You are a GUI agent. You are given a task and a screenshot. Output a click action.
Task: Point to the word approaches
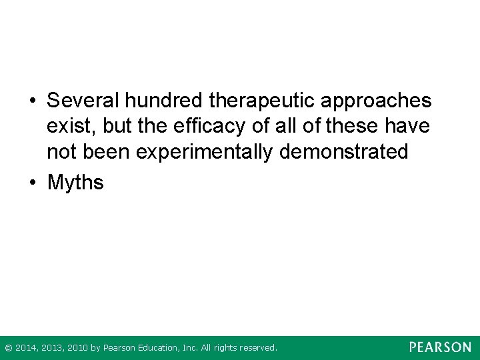[x=376, y=102]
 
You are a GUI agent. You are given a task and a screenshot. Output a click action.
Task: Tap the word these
[x=345, y=126]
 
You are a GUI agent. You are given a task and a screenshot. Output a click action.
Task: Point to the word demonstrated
[x=344, y=151]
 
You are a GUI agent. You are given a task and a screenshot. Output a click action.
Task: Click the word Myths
[x=75, y=182]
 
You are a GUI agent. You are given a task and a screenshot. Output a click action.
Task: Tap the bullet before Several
[x=32, y=101]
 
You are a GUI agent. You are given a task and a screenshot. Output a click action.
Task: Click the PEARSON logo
[x=440, y=347]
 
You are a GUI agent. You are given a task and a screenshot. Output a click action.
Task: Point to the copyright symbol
[x=8, y=347]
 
